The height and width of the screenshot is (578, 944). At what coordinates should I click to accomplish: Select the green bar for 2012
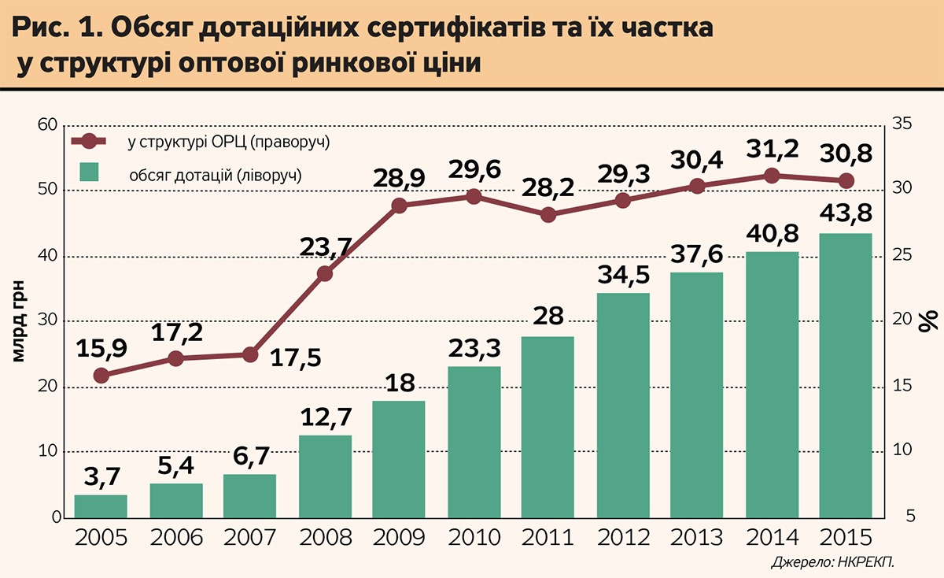click(x=622, y=406)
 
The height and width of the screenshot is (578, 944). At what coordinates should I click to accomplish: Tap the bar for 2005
click(x=101, y=506)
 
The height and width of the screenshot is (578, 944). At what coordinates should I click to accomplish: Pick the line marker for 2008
click(x=325, y=274)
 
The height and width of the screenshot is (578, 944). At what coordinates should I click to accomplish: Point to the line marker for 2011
click(x=549, y=214)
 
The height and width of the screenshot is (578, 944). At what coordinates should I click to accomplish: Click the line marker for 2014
click(x=772, y=176)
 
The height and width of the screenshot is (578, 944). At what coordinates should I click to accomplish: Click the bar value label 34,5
click(x=622, y=277)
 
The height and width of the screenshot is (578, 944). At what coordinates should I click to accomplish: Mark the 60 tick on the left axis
click(x=49, y=126)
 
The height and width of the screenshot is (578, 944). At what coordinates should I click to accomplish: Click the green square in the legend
click(x=90, y=173)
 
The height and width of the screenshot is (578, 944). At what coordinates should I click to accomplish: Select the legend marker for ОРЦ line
click(x=89, y=142)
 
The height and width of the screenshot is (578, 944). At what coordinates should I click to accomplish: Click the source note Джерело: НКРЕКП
click(x=834, y=562)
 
